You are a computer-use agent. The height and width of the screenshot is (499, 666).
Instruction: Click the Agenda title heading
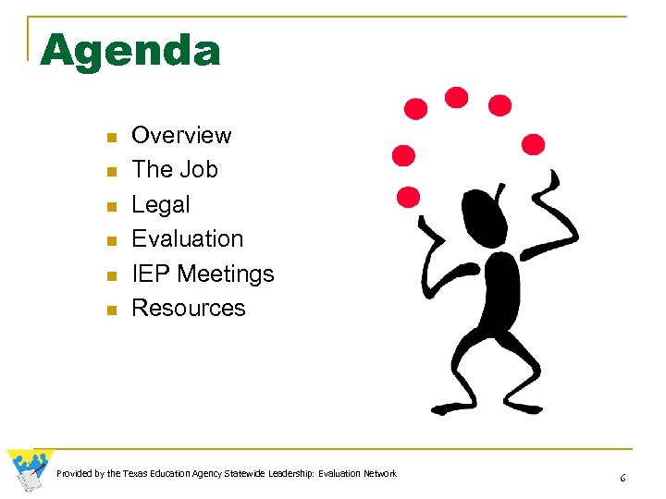(x=130, y=51)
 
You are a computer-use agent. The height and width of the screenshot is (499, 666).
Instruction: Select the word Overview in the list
(x=181, y=135)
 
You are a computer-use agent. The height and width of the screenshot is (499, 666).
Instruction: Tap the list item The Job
(x=175, y=170)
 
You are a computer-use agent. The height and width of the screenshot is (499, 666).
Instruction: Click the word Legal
(x=161, y=204)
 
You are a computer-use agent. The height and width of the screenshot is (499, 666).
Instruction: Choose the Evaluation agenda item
(x=188, y=238)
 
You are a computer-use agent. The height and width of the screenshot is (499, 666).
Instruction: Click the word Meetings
(x=226, y=274)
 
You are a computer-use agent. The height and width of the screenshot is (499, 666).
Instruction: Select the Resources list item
(x=189, y=308)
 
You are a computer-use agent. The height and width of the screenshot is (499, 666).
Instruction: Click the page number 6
(x=623, y=478)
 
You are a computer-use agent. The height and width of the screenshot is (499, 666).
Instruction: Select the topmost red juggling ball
(x=456, y=97)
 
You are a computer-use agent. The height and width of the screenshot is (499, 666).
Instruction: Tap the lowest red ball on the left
(x=408, y=197)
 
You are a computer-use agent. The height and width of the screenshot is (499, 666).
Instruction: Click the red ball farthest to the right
(x=534, y=144)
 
